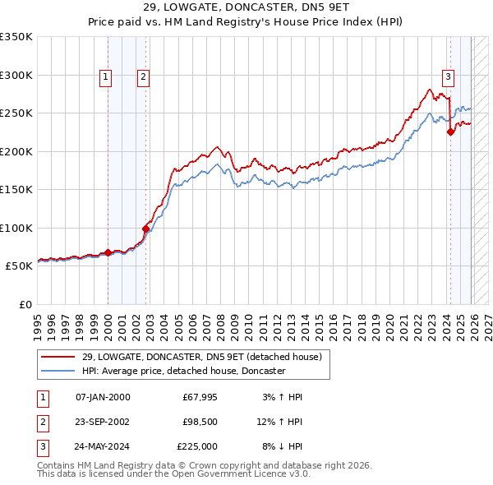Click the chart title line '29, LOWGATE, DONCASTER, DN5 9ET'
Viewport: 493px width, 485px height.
coord(246,7)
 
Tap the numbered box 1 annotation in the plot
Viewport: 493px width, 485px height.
coord(107,77)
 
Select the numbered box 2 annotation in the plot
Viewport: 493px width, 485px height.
coord(143,77)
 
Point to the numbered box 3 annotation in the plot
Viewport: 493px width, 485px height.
coord(448,77)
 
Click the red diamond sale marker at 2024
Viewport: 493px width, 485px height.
coord(450,132)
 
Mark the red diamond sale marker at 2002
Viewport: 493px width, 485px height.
coord(146,229)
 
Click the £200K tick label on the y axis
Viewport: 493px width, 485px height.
coord(16,151)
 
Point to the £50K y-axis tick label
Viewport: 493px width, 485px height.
coord(18,266)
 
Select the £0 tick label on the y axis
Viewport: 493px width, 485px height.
coord(25,304)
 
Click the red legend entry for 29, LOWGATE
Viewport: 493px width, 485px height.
coord(206,357)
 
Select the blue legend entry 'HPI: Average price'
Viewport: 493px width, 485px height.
coord(183,372)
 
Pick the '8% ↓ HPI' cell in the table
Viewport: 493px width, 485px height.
coord(282,446)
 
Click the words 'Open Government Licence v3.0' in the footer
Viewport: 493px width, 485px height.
coord(238,474)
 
